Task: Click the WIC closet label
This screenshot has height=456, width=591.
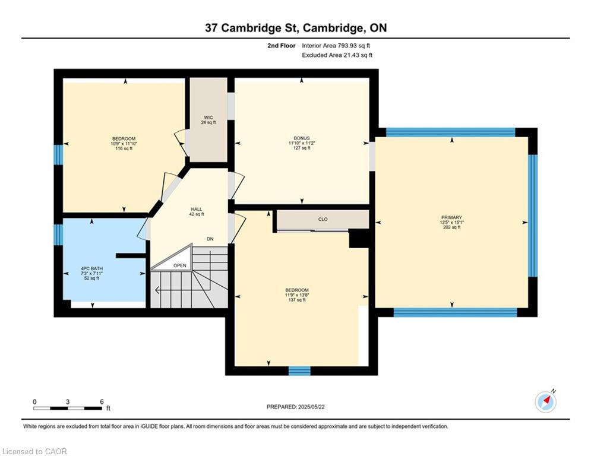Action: click(x=208, y=117)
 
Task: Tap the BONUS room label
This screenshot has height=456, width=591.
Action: click(x=302, y=138)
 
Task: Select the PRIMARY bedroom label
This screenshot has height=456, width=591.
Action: click(x=451, y=217)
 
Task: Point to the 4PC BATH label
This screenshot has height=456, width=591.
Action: click(x=91, y=269)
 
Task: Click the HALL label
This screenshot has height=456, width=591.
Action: click(x=197, y=209)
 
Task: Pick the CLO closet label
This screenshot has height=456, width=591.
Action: click(x=323, y=219)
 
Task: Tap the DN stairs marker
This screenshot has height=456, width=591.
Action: click(x=210, y=239)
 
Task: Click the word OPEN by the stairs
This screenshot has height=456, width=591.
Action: click(x=180, y=265)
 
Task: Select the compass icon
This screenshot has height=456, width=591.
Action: click(x=545, y=402)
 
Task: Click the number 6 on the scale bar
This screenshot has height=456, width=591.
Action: click(x=102, y=402)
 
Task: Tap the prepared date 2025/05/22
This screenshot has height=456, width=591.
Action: click(x=311, y=407)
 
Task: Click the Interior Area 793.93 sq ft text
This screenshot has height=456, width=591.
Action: click(x=336, y=46)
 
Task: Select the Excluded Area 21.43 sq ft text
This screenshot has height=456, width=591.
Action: click(x=337, y=55)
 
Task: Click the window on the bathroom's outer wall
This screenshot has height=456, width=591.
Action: click(x=58, y=235)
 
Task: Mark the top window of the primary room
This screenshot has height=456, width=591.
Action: click(x=451, y=132)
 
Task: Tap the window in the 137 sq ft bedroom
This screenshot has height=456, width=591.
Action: click(x=299, y=371)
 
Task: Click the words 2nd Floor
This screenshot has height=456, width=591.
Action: click(x=282, y=46)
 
